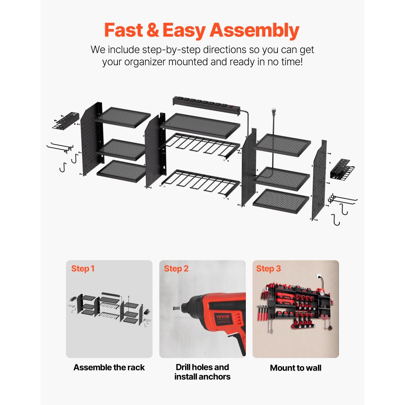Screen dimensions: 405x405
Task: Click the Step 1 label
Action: (83, 269)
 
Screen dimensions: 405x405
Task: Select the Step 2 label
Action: (176, 269)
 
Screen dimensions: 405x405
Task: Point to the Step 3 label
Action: (269, 269)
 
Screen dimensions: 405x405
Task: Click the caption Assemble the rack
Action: (109, 368)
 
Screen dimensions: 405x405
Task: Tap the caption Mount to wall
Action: (296, 368)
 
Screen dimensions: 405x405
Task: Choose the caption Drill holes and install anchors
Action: (202, 372)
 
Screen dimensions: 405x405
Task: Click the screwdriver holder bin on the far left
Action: (64, 121)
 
